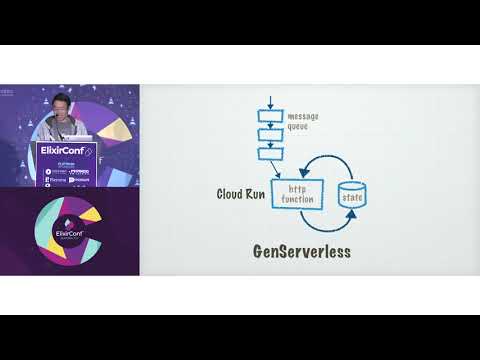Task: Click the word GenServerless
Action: pyautogui.click(x=302, y=251)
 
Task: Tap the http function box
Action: pyautogui.click(x=302, y=194)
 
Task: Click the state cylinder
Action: pyautogui.click(x=353, y=197)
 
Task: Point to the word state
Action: pyautogui.click(x=353, y=198)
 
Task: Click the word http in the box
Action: pyautogui.click(x=298, y=188)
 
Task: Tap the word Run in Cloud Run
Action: pyautogui.click(x=255, y=193)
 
